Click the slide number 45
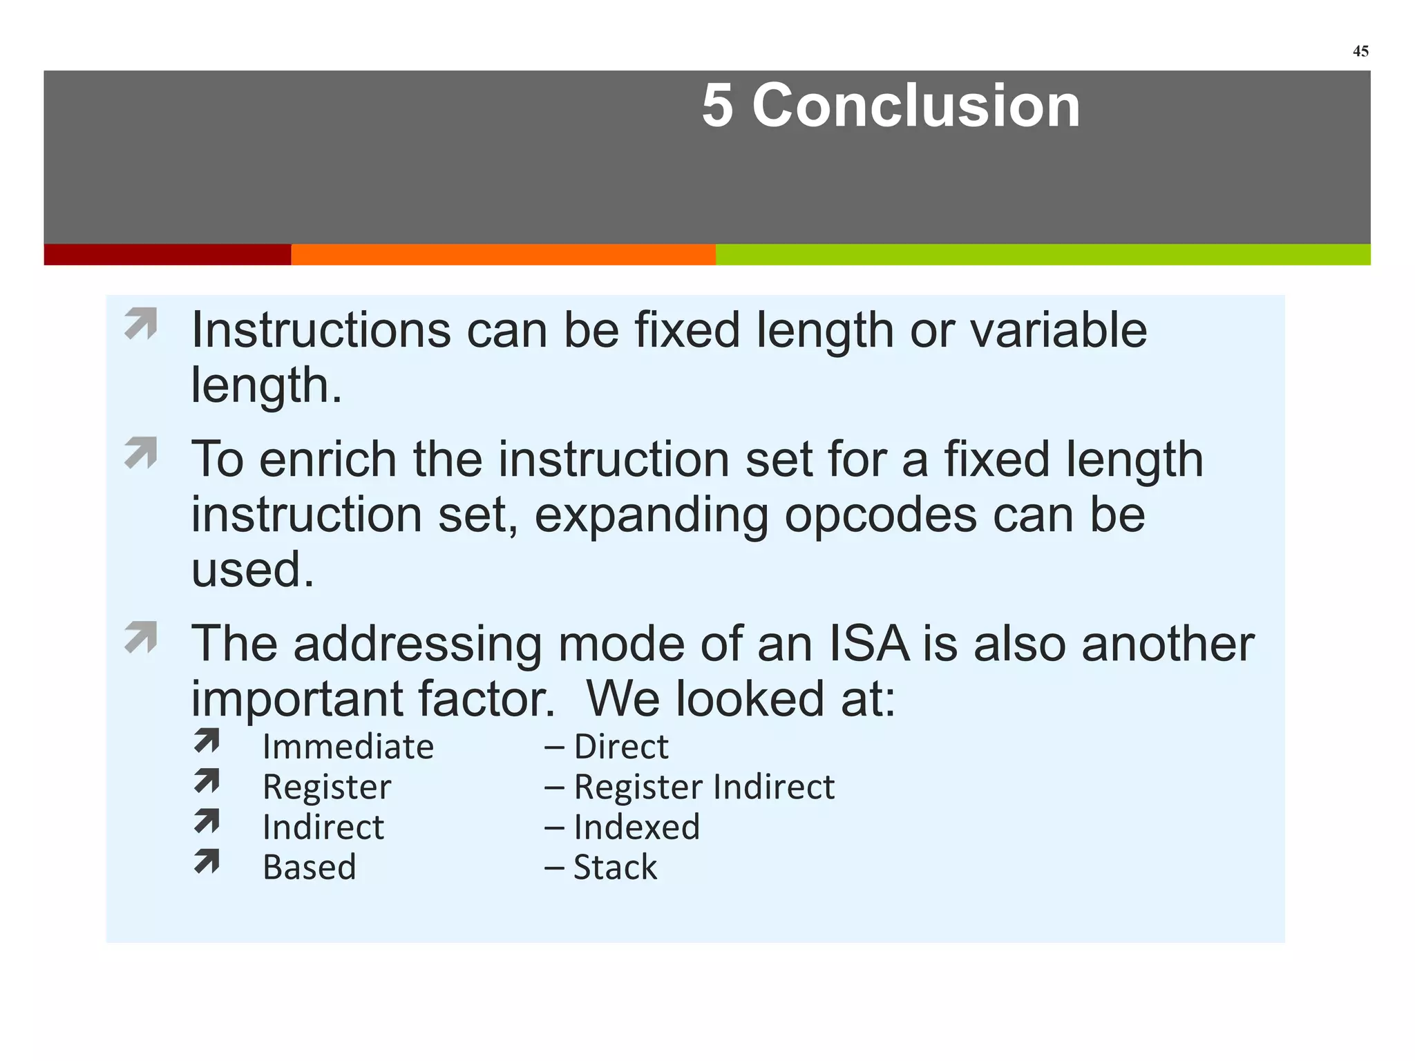coord(1360,51)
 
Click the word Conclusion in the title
coord(915,106)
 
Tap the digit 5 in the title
coord(717,106)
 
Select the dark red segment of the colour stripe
coord(167,254)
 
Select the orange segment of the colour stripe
coord(503,254)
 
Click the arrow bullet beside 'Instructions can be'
coord(141,324)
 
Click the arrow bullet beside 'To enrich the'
coord(141,453)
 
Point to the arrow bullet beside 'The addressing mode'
coord(141,638)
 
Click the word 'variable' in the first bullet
coord(1058,330)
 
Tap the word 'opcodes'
coord(880,515)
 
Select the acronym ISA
coord(869,644)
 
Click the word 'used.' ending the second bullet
coord(253,570)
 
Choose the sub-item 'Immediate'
coord(348,747)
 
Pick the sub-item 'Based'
coord(310,867)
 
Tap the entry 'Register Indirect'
coord(703,787)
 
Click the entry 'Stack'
coord(615,867)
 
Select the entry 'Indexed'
coord(636,827)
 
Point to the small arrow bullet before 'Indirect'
coord(207,821)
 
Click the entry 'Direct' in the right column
coord(620,747)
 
